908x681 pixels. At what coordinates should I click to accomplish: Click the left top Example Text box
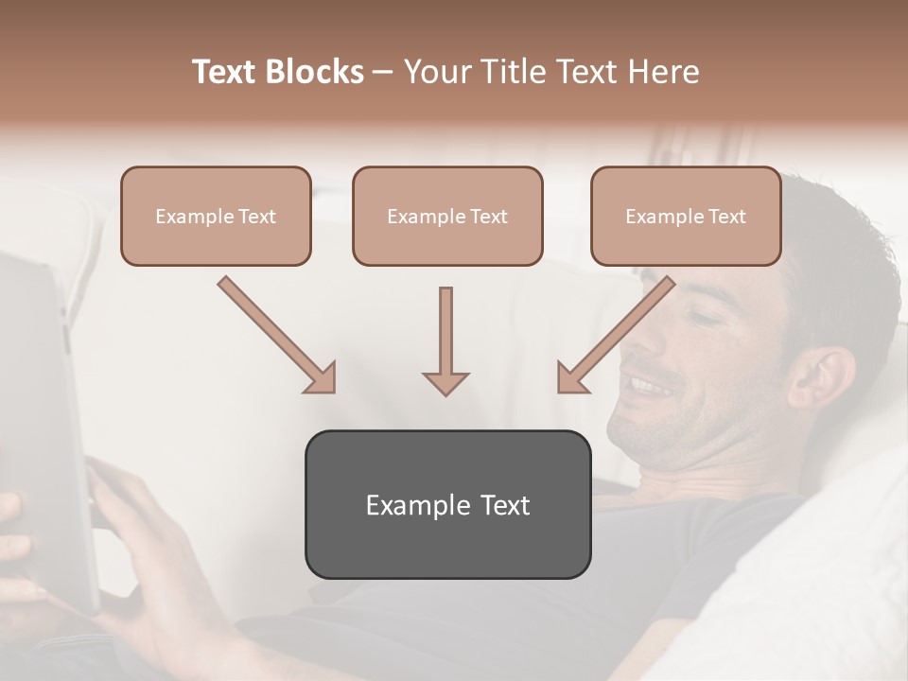coord(216,217)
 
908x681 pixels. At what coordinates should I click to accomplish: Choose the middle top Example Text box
coord(447,217)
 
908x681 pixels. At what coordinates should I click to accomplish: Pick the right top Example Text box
coord(686,217)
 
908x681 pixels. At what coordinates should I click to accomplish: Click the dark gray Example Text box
coord(447,504)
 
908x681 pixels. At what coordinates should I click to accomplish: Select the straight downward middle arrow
coord(445,340)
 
